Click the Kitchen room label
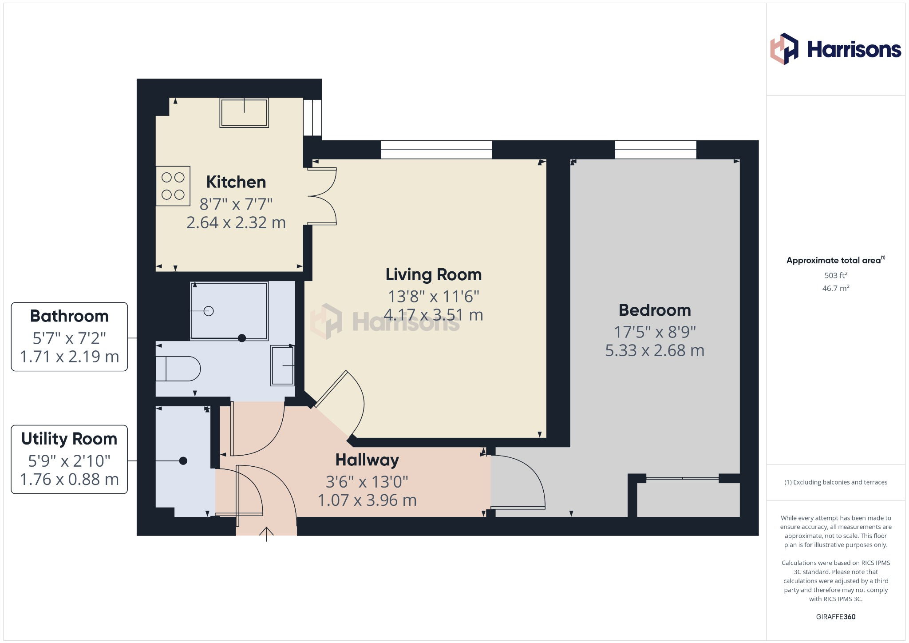coord(236,182)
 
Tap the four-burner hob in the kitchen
coord(173,186)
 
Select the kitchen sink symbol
coord(244,113)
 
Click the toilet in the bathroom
coord(178,369)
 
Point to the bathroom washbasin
coord(283,365)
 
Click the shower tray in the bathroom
coord(229,311)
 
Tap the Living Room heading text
coord(433,274)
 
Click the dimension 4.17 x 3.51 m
coord(433,315)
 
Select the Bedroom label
coord(655,310)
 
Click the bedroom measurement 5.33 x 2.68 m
coord(655,350)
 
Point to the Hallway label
coord(367,460)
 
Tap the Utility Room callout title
coord(69,439)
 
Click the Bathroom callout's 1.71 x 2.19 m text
coord(69,357)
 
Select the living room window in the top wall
coord(436,150)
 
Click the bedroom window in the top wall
coord(656,150)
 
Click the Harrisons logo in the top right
coord(835,49)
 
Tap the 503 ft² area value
coord(836,275)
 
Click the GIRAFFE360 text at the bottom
coord(836,617)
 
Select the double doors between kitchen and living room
coord(322,196)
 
